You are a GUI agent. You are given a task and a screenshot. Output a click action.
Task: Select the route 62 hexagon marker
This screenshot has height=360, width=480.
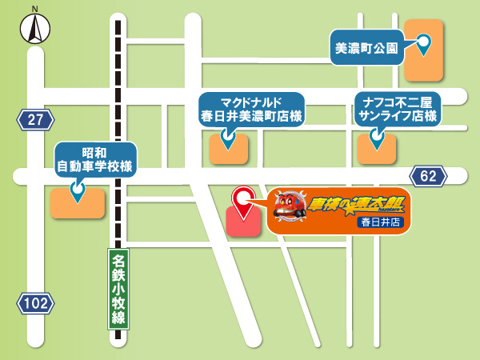pyautogui.click(x=428, y=176)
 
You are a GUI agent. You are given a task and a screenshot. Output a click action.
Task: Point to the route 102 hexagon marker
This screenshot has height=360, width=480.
pyautogui.click(x=36, y=303)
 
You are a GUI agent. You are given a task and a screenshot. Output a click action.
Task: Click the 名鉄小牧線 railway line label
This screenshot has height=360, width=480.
pyautogui.click(x=118, y=289)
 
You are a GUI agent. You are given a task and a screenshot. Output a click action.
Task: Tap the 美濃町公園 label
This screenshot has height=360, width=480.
pyautogui.click(x=365, y=48)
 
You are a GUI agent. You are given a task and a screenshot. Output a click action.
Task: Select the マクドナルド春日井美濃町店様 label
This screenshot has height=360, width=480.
pyautogui.click(x=251, y=110)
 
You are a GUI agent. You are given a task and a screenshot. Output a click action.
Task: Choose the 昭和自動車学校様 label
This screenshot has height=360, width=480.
pyautogui.click(x=94, y=160)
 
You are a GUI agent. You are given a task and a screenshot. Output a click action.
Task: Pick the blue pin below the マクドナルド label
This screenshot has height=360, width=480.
pyautogui.click(x=228, y=142)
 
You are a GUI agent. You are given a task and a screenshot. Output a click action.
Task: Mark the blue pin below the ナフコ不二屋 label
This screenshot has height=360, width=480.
pyautogui.click(x=377, y=142)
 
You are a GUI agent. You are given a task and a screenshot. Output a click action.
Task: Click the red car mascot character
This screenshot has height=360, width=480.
pyautogui.click(x=289, y=206)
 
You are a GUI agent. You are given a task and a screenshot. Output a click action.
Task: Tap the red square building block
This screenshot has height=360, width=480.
pyautogui.click(x=243, y=222)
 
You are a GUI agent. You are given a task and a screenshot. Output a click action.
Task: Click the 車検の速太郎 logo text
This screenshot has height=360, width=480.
pyautogui.click(x=350, y=202)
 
